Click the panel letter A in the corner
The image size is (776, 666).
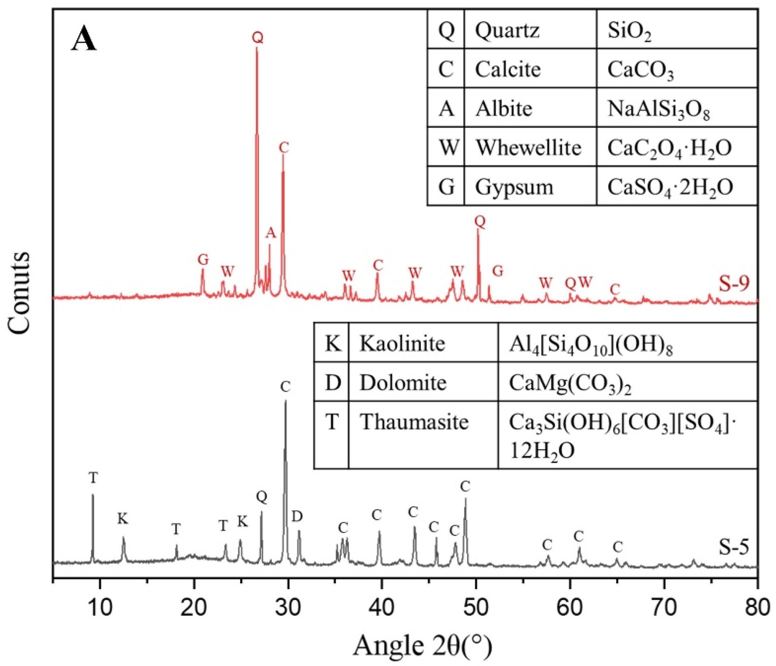pos(84,40)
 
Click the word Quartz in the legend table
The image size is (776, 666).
pos(507,30)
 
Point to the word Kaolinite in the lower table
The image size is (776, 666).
pos(402,343)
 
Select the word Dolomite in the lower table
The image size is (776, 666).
pos(403,383)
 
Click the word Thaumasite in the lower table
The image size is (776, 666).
pos(414,422)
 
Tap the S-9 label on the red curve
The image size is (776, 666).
pos(734,283)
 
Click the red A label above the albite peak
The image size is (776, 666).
pos(271,233)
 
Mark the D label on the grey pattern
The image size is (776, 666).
pos(297,517)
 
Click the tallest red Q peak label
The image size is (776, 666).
pos(257,38)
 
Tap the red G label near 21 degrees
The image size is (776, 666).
pos(203,259)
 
